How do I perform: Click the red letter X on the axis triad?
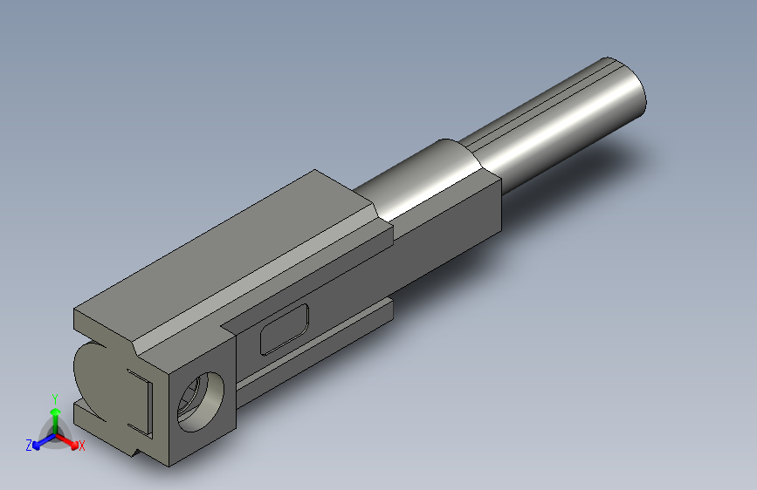coord(81,446)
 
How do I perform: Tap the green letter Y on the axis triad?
coord(54,398)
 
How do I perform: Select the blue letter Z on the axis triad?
coord(29,445)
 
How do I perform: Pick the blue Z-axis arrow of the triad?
coord(39,441)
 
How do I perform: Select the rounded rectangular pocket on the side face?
coord(285,329)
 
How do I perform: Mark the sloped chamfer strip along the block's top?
coord(262,283)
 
